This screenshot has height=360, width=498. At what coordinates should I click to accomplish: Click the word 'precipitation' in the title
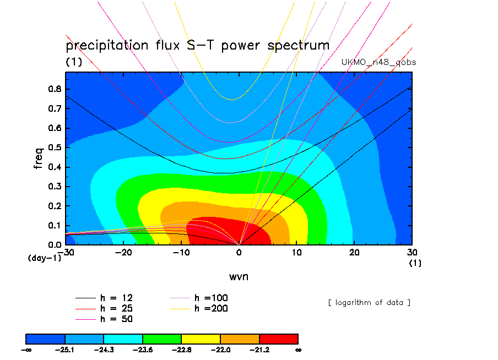[107, 45]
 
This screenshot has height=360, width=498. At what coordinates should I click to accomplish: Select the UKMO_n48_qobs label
[379, 62]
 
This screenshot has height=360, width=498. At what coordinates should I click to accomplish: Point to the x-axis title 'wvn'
[239, 276]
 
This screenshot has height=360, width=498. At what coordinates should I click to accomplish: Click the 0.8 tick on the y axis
[56, 89]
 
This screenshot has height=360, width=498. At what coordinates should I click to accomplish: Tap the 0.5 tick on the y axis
[56, 148]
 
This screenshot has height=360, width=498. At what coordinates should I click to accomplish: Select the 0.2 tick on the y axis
[56, 206]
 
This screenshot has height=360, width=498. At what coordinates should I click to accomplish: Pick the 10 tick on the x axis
[297, 252]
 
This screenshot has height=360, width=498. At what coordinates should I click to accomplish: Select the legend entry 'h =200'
[211, 308]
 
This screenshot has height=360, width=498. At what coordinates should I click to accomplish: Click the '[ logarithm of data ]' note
[369, 302]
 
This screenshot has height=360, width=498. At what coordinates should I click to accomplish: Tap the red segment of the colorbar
[278, 338]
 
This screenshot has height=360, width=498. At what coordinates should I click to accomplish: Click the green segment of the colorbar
[162, 338]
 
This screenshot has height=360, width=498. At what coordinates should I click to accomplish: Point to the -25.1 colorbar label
[65, 350]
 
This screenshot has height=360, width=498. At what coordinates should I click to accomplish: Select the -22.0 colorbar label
[220, 350]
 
